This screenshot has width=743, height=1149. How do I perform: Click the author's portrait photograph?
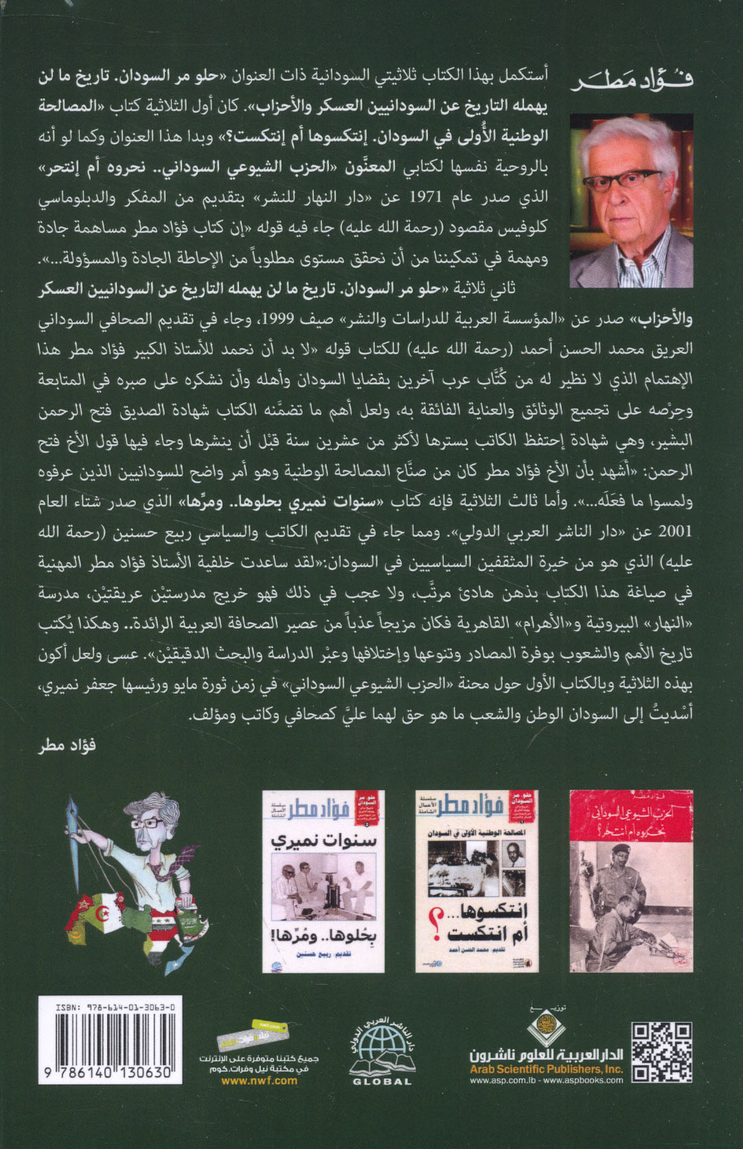point(631,200)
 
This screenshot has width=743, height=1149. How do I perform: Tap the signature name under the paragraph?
point(67,745)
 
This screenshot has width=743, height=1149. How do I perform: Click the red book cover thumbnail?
point(631,881)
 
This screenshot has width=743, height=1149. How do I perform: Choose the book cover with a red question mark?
point(477,881)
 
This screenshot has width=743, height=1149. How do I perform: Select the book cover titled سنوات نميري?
point(323,881)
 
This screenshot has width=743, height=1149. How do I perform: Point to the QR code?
point(661,1052)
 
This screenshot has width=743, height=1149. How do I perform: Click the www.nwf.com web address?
point(259,1080)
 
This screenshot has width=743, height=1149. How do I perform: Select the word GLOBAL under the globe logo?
point(382,1082)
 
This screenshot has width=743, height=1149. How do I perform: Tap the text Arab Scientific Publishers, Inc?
point(546,1069)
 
